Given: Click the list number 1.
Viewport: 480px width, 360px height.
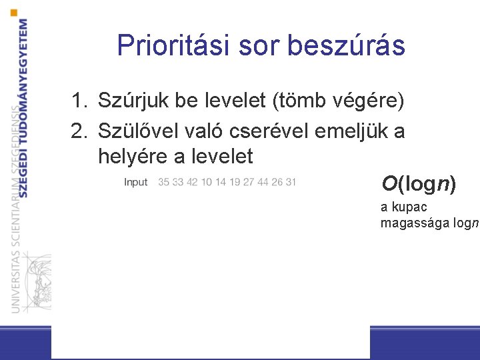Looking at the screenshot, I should click(x=79, y=101).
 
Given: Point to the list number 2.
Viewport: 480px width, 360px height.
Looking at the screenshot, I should click(x=79, y=131).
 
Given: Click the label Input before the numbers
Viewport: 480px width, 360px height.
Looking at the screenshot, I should click(x=136, y=182).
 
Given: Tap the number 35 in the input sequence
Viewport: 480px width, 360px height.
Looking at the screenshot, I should click(x=164, y=182).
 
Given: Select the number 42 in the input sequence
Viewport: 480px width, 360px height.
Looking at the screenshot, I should click(x=193, y=182).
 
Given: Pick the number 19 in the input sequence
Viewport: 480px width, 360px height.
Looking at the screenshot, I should click(x=234, y=182).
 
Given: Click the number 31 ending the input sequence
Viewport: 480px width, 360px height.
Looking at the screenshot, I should click(x=290, y=182).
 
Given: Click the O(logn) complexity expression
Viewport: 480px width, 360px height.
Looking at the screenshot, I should click(x=419, y=183).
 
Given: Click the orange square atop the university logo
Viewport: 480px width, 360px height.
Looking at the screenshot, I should click(x=15, y=13).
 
